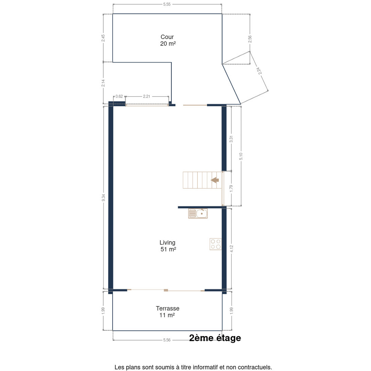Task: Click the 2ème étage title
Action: coord(215,338)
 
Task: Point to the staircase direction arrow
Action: coord(215,180)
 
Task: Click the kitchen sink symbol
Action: coord(198,214)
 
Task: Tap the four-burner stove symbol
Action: coord(215,244)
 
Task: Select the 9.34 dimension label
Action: coord(103,198)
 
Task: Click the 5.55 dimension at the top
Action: coord(167,4)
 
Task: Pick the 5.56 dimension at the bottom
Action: coord(167,340)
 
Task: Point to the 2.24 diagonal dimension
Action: coord(259,71)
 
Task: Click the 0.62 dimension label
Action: coord(119,96)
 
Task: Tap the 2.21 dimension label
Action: coord(147,96)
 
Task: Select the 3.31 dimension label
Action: coord(231,139)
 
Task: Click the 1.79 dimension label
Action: coord(231,188)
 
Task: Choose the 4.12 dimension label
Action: coord(232,249)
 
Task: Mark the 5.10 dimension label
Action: coord(241,156)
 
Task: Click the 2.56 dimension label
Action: coord(250,39)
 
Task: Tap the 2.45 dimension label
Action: coord(103,38)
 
